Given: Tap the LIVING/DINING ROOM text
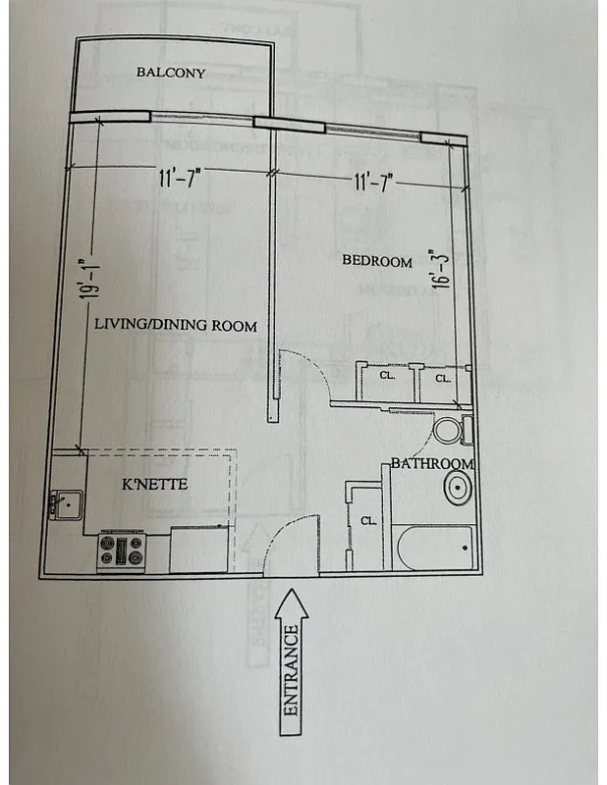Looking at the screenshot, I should coord(176,326).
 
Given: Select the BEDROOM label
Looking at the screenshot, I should coord(376,260).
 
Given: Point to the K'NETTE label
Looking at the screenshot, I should coord(154,485).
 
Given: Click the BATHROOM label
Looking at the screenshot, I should coord(432,463).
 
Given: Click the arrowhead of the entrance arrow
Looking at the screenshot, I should coord(291,602).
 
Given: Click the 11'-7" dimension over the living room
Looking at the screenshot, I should coord(181,178).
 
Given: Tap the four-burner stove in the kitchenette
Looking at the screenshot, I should coord(120,552).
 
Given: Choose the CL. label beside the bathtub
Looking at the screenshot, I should coord(367,521).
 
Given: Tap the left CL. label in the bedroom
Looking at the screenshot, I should coord(386,376).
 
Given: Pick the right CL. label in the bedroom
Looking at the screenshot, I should coord(442,378).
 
